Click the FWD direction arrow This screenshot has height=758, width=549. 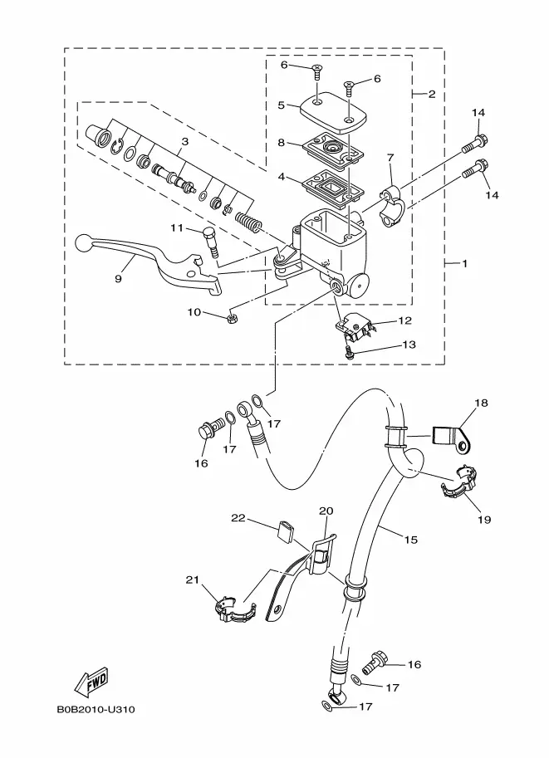(91, 682)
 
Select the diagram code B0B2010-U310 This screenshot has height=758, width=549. (96, 710)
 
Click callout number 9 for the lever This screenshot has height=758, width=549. (119, 279)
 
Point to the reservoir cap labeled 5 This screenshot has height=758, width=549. (333, 112)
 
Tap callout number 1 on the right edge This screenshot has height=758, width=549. (464, 264)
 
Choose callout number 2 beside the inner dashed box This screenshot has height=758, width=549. (431, 94)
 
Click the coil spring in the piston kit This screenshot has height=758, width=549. (248, 222)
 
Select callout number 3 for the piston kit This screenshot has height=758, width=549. (184, 142)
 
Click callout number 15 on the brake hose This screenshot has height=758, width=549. (410, 539)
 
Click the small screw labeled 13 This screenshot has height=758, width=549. (349, 353)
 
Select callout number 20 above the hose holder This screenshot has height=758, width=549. (326, 511)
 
